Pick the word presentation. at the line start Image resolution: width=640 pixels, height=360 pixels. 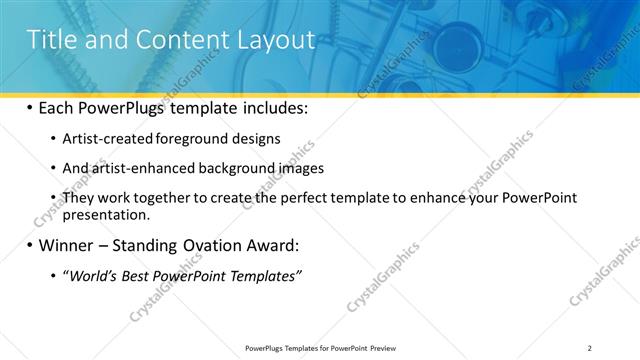tap(106, 214)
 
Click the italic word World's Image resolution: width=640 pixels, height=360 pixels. tap(90, 276)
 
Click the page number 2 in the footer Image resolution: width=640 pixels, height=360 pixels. tap(590, 348)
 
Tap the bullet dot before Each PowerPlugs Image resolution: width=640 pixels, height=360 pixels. tap(30, 107)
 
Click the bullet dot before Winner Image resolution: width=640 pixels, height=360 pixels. tap(30, 245)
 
